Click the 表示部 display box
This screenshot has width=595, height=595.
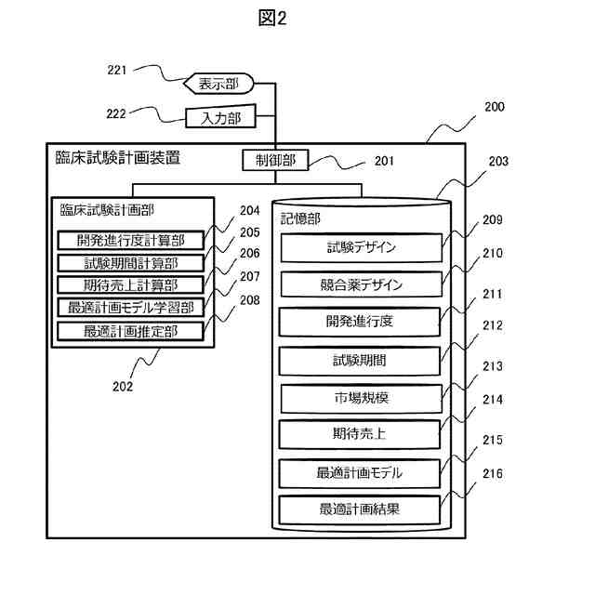point(218,85)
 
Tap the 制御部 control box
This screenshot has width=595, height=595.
point(274,160)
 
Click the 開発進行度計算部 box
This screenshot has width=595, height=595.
point(131,241)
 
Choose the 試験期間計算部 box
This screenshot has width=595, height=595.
point(131,263)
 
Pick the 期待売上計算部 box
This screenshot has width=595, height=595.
point(131,285)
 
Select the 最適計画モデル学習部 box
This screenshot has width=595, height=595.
point(131,308)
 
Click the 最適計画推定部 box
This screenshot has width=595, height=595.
point(131,330)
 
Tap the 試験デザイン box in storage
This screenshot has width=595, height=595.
point(361,247)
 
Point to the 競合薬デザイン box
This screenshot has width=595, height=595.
point(361,284)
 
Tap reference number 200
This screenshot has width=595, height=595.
point(495,107)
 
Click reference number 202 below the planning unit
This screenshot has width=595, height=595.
point(123,384)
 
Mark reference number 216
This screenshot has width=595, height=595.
point(493,474)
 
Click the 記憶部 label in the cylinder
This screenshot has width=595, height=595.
point(301,218)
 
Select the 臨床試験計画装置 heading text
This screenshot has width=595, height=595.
point(117,158)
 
